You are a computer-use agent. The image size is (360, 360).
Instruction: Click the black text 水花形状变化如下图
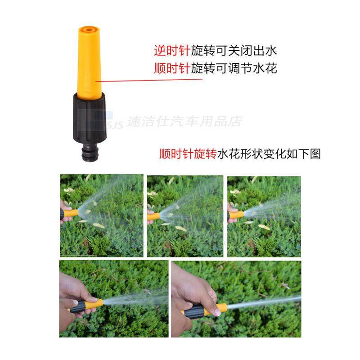pyautogui.click(x=269, y=154)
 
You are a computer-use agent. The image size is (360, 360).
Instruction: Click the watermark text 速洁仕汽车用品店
pyautogui.click(x=184, y=121)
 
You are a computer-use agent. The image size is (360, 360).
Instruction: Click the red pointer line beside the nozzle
pyautogui.click(x=148, y=81)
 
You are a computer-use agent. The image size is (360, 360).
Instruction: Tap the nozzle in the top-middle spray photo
pyautogui.click(x=153, y=216)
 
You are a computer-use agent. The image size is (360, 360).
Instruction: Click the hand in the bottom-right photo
pyautogui.click(x=191, y=292)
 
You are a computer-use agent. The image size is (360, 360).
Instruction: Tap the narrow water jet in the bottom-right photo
pyautogui.click(x=265, y=303)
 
